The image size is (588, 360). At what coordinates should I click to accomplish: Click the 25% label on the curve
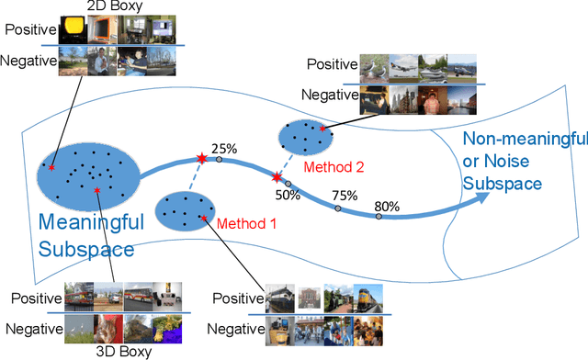(223, 148)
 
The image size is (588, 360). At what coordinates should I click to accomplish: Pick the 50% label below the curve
(288, 194)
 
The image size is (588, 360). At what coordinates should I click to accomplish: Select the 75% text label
(345, 195)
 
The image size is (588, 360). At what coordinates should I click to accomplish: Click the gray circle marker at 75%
(337, 208)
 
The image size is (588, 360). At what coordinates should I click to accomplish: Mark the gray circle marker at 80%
(378, 217)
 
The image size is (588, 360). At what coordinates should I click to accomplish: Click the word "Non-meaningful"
(524, 139)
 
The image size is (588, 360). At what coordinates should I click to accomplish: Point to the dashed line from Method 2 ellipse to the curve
(286, 164)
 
